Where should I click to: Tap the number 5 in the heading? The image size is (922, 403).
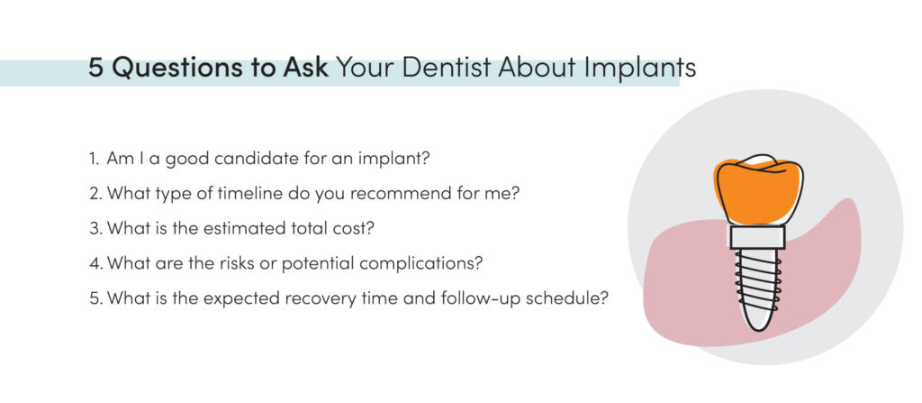[x=95, y=69]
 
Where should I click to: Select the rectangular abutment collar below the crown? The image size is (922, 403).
[x=758, y=236]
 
